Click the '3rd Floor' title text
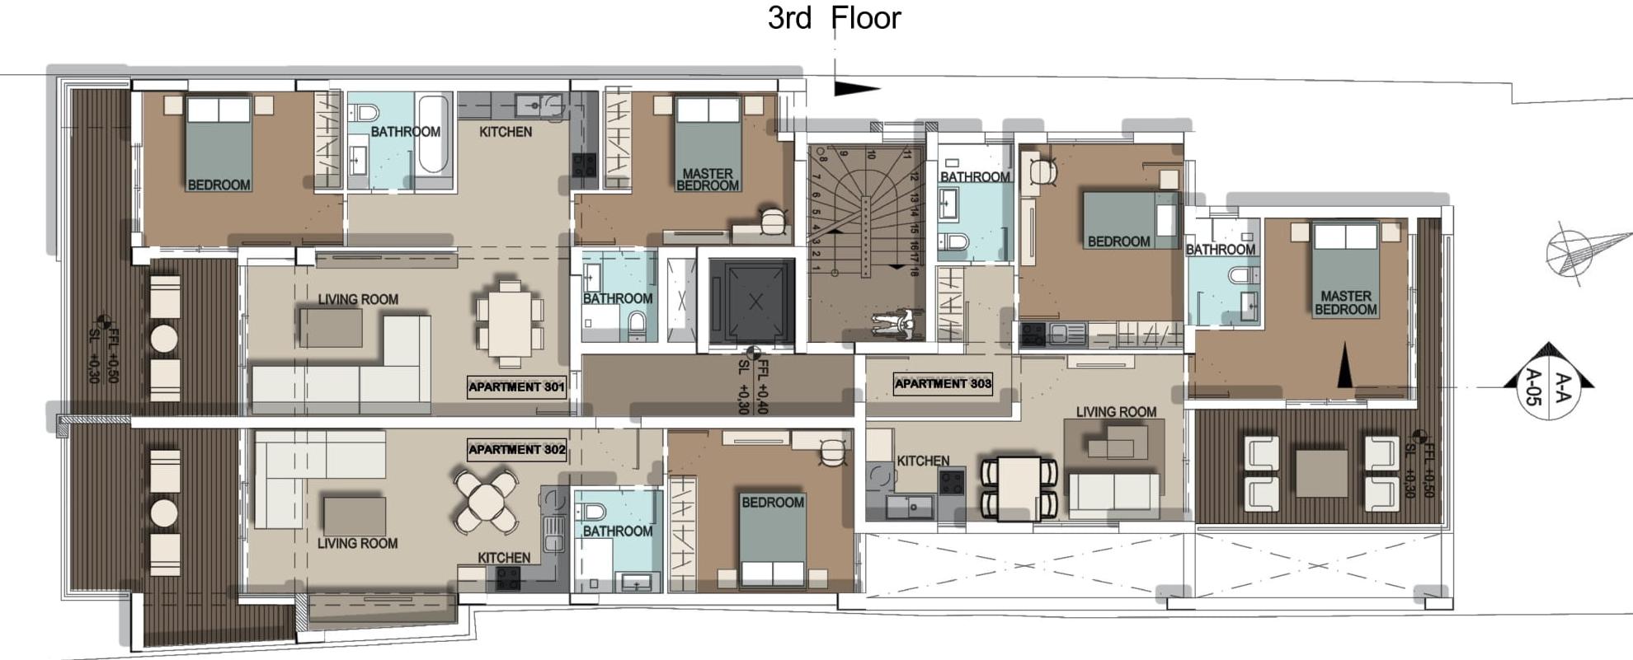click(834, 17)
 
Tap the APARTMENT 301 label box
click(516, 386)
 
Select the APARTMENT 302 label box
click(516, 449)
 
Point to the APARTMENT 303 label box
click(943, 383)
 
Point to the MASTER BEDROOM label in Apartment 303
click(1345, 302)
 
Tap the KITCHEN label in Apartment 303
click(923, 461)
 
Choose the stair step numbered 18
click(914, 270)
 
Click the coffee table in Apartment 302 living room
click(355, 516)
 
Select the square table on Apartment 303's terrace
click(1321, 473)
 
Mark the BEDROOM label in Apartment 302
click(772, 502)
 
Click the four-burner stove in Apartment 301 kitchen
click(585, 166)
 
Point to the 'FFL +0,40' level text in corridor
click(761, 387)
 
